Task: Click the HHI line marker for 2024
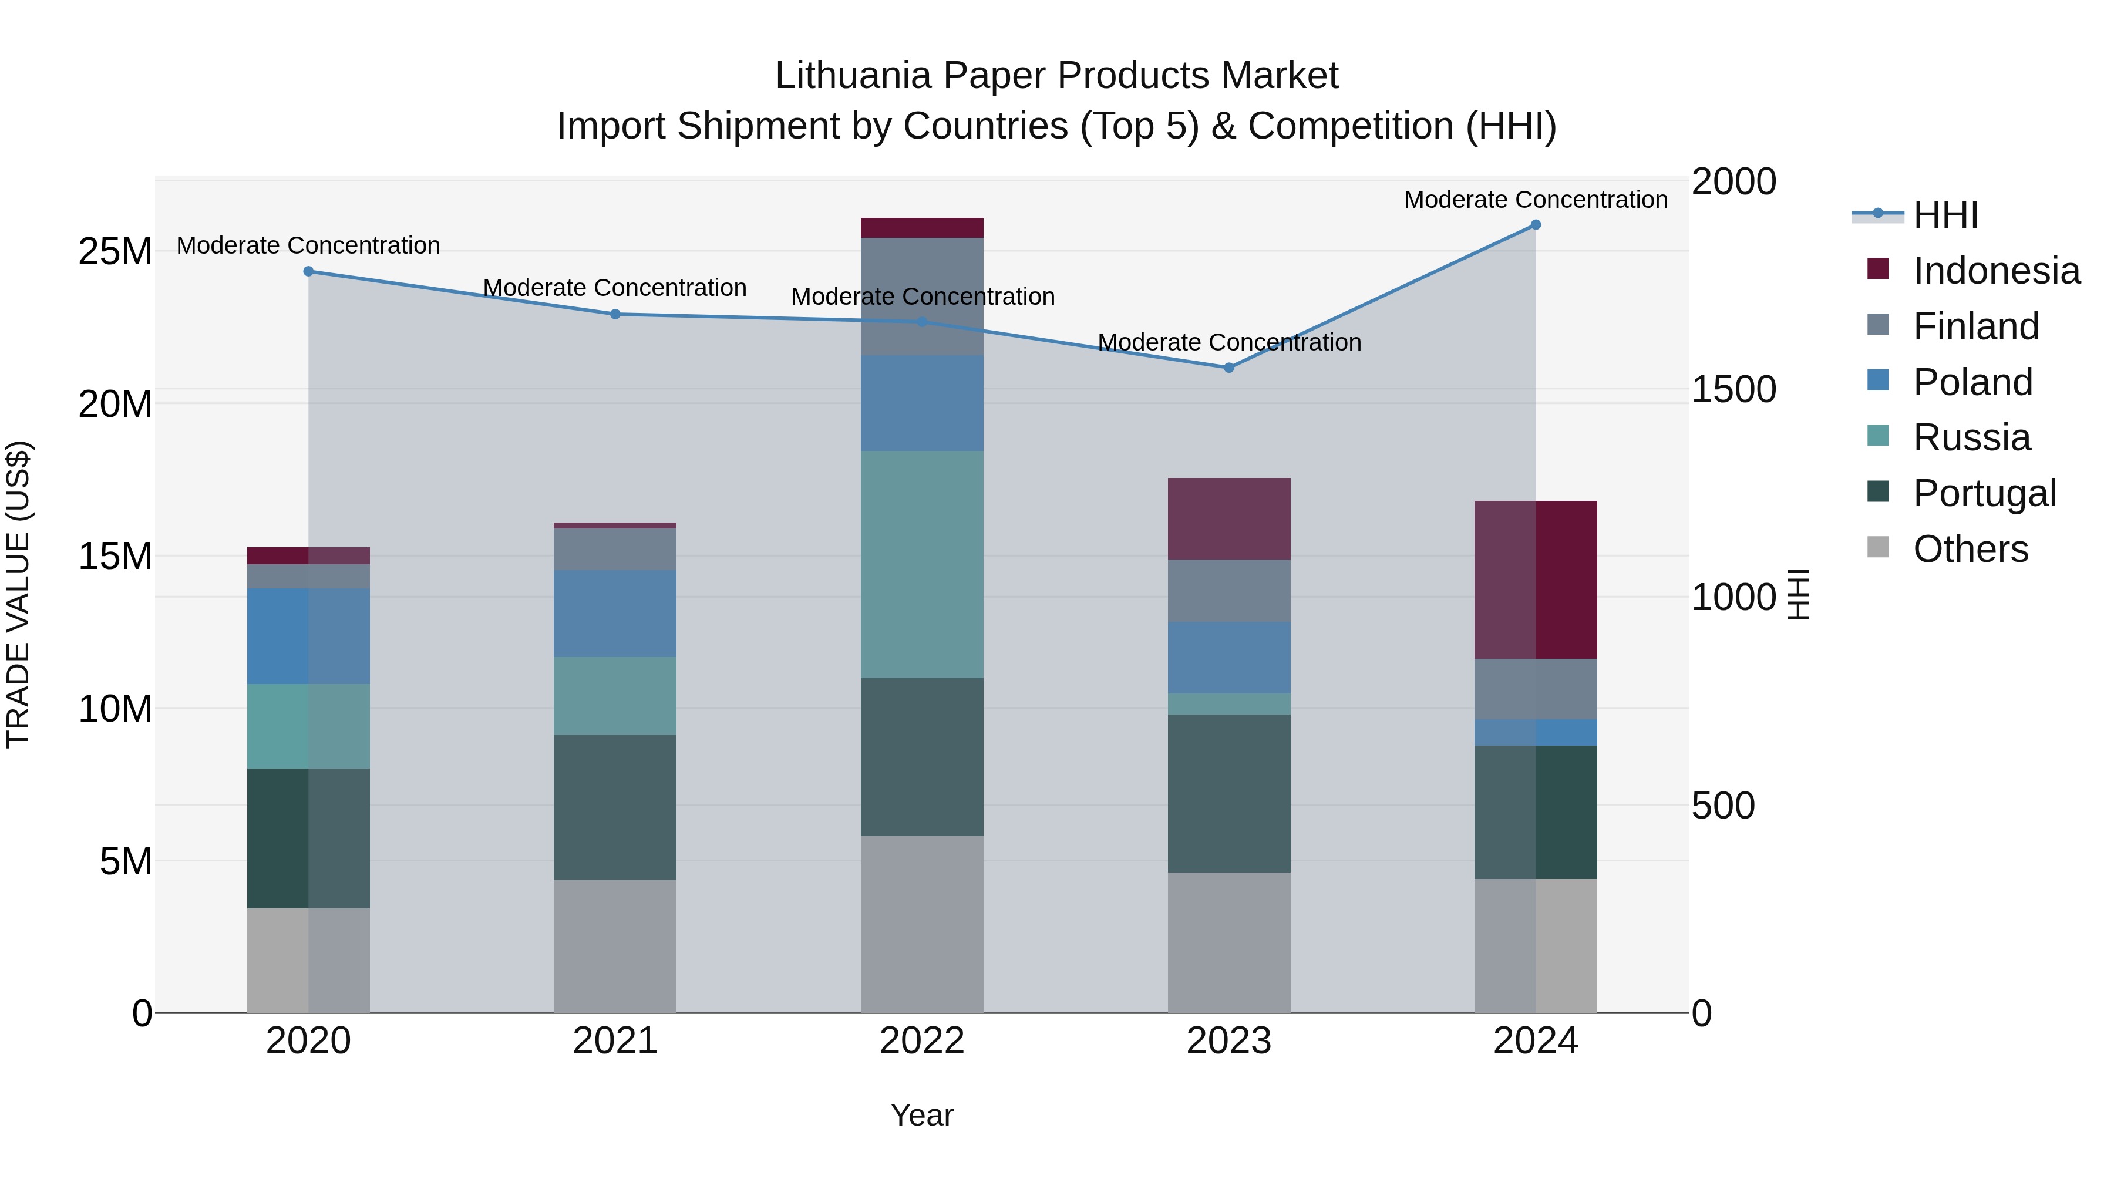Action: [x=1536, y=225]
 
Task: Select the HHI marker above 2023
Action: [x=1228, y=368]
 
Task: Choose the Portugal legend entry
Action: [x=1984, y=493]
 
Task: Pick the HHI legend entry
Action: [x=1944, y=215]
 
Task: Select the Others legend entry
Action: [x=1970, y=548]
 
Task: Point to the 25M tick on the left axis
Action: [x=115, y=251]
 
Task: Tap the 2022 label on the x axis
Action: [x=921, y=1041]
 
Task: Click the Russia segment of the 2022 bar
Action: [x=921, y=564]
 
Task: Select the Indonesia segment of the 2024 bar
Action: [x=1536, y=580]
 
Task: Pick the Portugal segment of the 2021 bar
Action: [x=615, y=807]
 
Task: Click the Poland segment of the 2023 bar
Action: [x=1228, y=657]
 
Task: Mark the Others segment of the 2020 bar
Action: [x=308, y=960]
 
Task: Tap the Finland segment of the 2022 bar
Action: [x=921, y=297]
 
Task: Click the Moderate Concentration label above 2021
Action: [x=615, y=288]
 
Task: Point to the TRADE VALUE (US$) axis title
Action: [x=18, y=594]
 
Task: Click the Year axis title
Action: [x=921, y=1115]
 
